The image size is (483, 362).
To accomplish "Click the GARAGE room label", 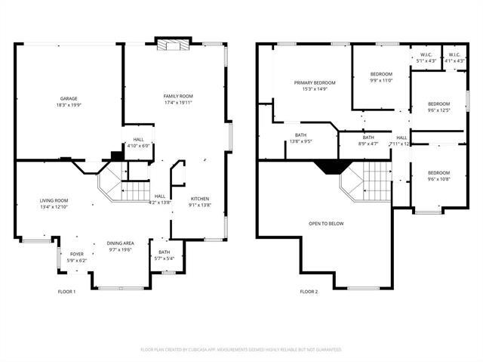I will click(69, 98).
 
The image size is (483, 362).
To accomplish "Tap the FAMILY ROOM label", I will click(179, 96).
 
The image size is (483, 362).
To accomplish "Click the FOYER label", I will click(77, 254).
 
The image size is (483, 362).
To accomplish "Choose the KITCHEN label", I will click(200, 199).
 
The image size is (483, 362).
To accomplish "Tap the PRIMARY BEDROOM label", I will click(315, 82).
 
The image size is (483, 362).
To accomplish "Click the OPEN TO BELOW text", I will click(326, 224).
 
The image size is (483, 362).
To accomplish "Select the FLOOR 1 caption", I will click(67, 291).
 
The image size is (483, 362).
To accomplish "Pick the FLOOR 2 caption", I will click(309, 291).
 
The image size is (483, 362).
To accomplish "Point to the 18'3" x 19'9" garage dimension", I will click(69, 105).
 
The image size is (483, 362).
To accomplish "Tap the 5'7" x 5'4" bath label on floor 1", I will click(165, 258).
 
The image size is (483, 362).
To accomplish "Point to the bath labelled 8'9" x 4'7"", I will click(368, 141).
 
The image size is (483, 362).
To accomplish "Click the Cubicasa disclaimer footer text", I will click(241, 349).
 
